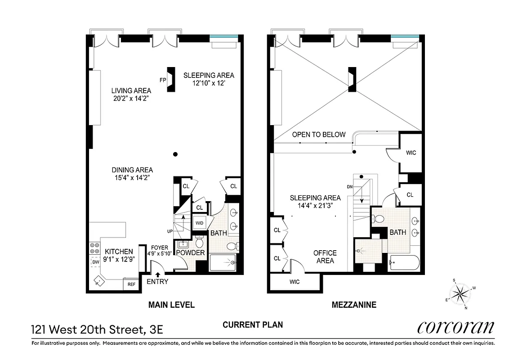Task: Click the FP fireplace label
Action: tap(163, 80)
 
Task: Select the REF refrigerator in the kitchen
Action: tap(131, 284)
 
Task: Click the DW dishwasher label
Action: tap(95, 262)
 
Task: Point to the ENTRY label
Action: tap(157, 282)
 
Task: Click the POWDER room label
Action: tap(190, 253)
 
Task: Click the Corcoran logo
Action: tap(455, 327)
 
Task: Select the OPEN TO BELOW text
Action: tap(319, 135)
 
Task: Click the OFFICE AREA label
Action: tap(325, 256)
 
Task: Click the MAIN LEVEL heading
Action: tap(171, 305)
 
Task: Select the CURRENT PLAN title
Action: tap(253, 324)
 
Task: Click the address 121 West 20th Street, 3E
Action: tap(97, 330)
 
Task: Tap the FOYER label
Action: tap(159, 247)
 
